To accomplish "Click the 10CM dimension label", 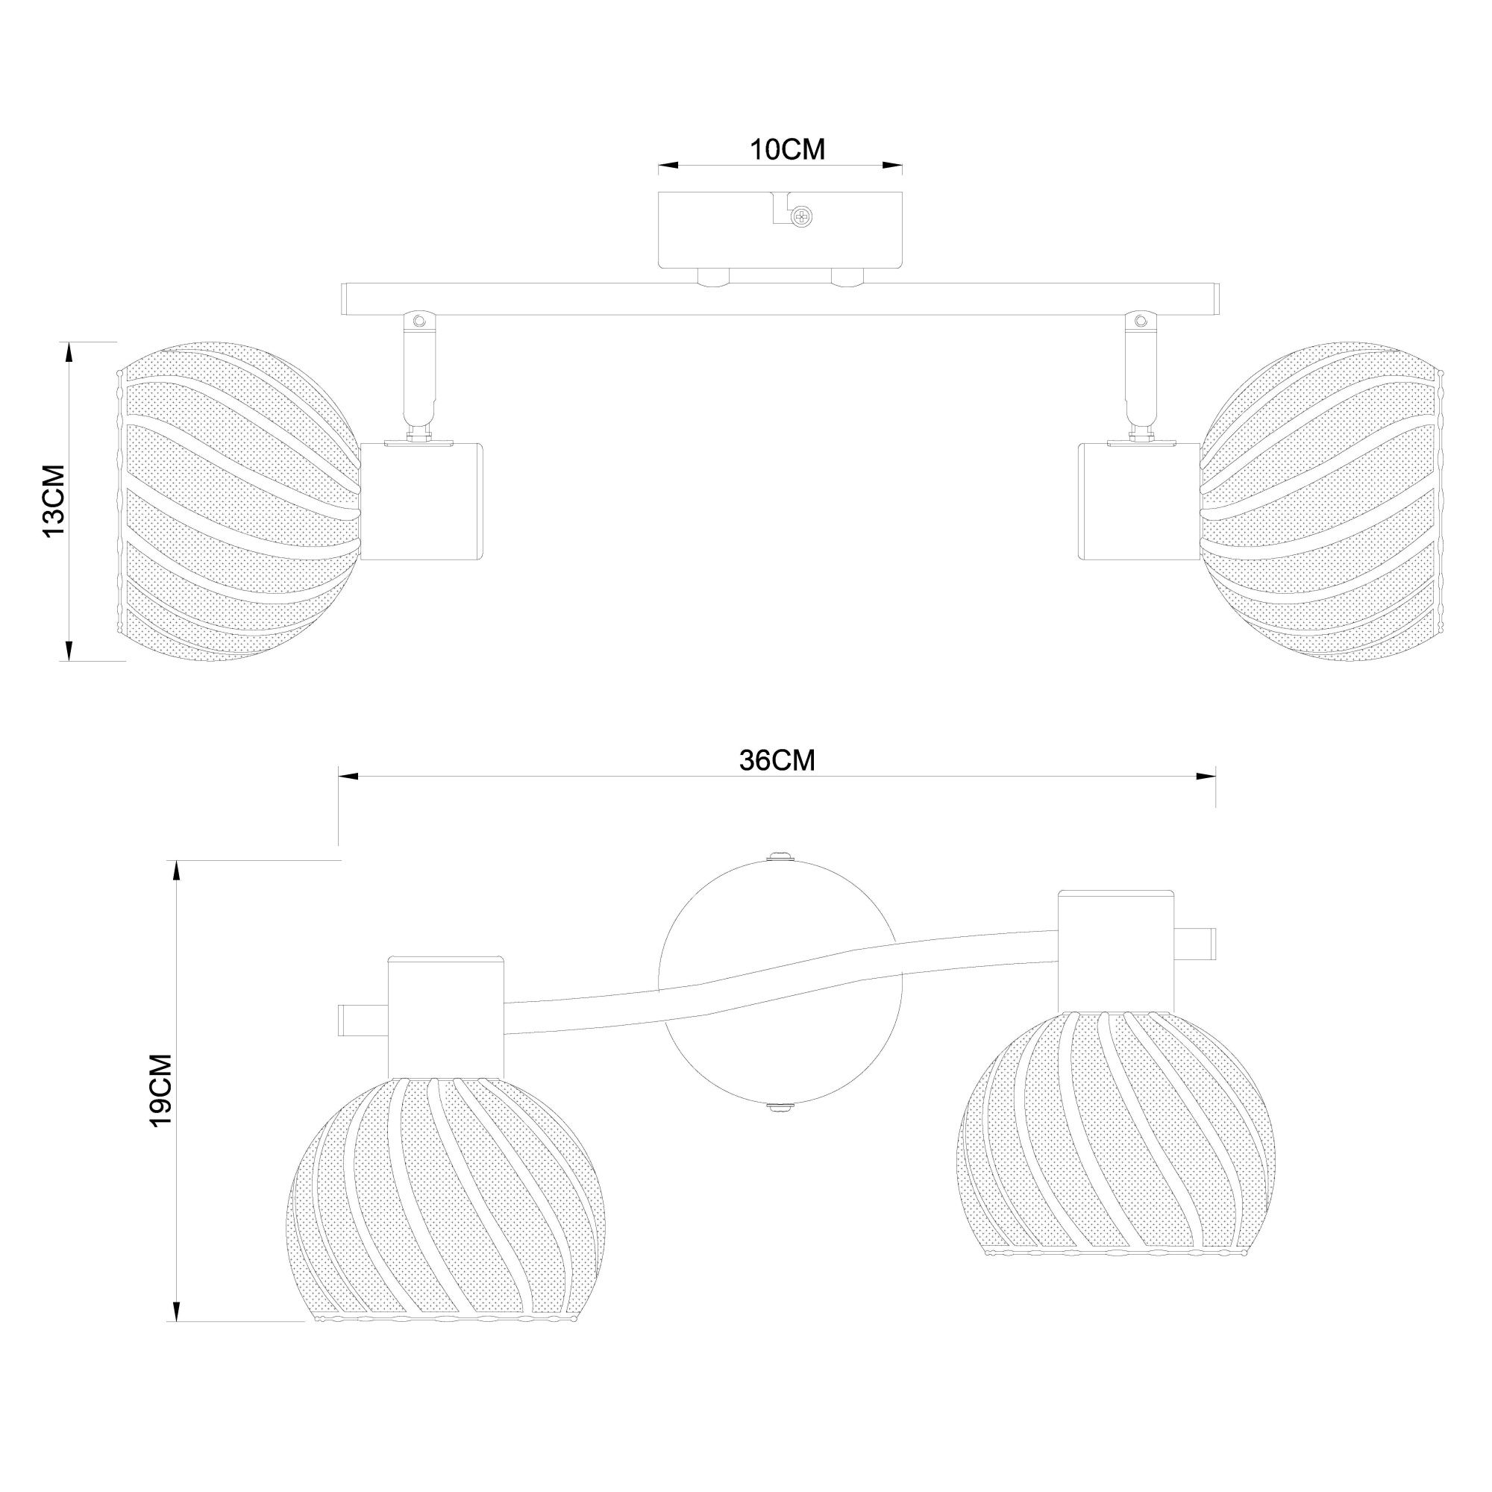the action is pos(788,150).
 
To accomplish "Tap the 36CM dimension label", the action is pos(777,761).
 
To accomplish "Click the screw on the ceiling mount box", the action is pos(804,217).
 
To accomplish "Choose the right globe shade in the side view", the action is pos(1322,501).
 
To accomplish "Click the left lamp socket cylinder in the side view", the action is pos(423,501).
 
